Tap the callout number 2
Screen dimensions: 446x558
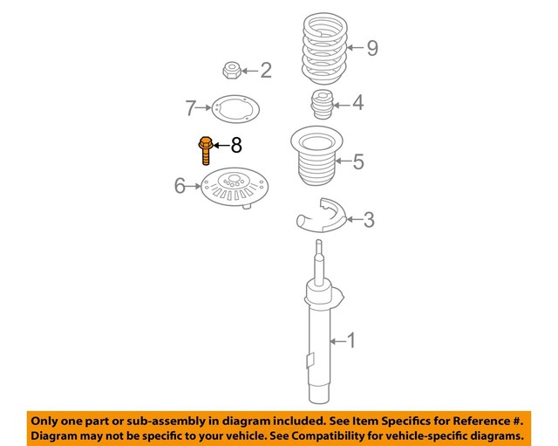click(x=265, y=71)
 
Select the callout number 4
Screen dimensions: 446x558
click(x=357, y=104)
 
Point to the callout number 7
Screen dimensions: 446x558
click(x=190, y=109)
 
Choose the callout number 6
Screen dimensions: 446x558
click(x=180, y=185)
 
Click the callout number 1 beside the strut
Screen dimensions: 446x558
click(x=351, y=340)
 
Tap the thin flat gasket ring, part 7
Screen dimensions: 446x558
click(x=232, y=110)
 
